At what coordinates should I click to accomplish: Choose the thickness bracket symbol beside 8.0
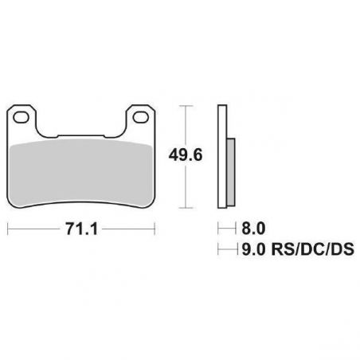(x=221, y=228)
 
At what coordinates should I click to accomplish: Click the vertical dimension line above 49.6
(x=187, y=123)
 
